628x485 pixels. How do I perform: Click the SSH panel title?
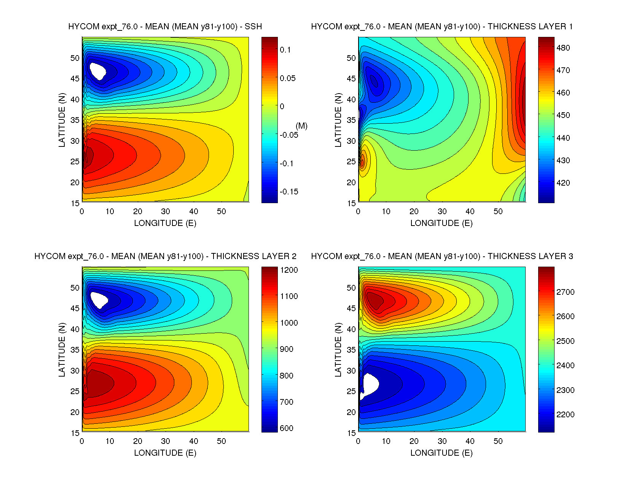165,27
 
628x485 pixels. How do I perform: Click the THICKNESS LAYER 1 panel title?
442,27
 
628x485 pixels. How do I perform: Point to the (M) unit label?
301,126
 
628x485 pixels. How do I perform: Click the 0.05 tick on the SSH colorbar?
287,78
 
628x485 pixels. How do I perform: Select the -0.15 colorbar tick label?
289,192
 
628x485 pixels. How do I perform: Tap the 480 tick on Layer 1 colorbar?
563,48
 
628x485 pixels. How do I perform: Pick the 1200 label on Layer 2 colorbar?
289,270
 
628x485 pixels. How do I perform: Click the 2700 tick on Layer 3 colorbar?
565,292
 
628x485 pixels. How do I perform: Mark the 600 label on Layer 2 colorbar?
286,428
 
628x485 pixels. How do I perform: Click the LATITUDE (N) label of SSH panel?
62,120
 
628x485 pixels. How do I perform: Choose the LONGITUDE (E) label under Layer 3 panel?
441,453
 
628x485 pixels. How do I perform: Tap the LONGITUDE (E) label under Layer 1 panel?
441,223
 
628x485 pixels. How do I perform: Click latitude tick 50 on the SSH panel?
75,58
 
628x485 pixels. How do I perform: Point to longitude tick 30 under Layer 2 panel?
166,441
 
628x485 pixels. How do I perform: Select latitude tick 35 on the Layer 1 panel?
351,120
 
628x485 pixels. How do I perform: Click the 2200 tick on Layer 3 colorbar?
565,415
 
